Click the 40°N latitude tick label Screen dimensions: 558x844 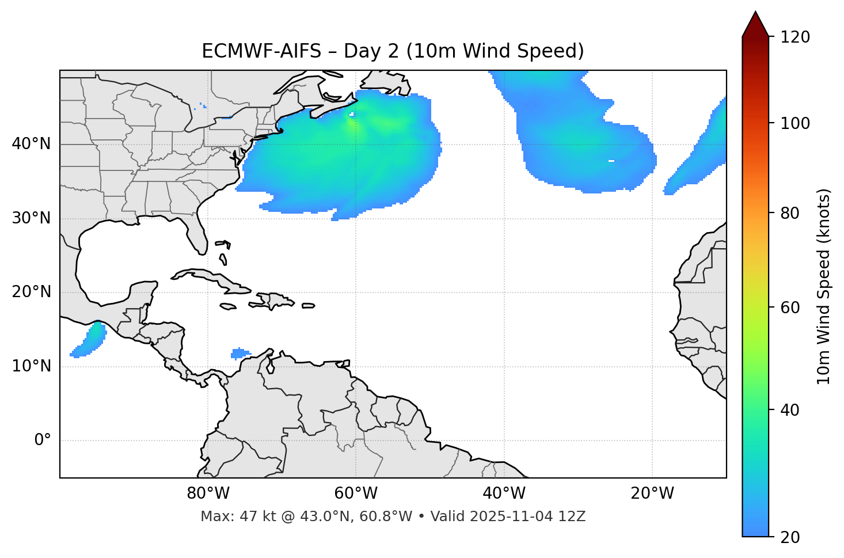(31, 144)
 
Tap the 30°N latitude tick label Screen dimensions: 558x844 (31, 218)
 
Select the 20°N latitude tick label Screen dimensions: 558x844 (31, 292)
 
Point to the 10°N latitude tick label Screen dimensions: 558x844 (31, 366)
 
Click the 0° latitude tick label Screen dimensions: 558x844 (43, 441)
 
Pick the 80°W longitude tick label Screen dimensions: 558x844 (208, 494)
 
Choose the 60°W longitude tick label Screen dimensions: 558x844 (356, 494)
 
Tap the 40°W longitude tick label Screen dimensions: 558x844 (504, 494)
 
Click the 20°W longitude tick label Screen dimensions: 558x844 (652, 494)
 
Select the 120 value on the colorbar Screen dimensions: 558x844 (794, 37)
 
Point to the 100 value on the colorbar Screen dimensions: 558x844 (794, 123)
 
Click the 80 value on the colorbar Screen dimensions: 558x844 (790, 214)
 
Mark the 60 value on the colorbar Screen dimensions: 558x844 (790, 308)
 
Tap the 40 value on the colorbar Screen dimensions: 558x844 (790, 410)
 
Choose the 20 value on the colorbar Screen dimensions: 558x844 (790, 537)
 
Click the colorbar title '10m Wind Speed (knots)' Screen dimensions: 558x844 (824, 286)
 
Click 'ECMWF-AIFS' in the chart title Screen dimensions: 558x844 (261, 51)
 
